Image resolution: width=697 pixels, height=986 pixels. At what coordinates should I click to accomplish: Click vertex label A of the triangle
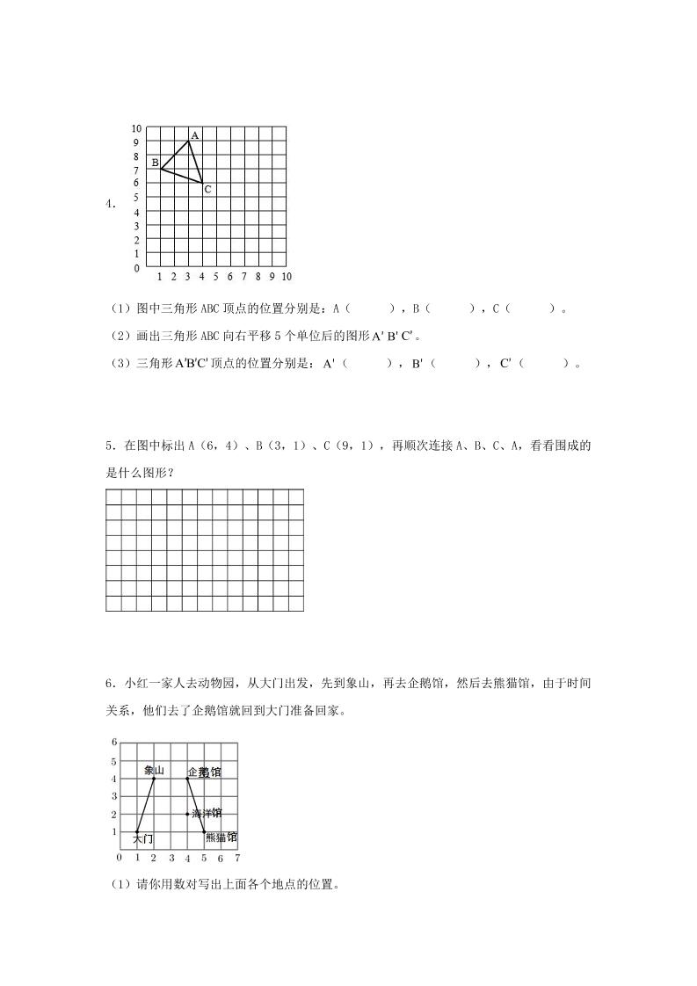point(194,135)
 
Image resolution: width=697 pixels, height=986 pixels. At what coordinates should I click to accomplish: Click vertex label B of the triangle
point(155,163)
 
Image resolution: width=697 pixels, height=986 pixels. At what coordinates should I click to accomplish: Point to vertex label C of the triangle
point(207,189)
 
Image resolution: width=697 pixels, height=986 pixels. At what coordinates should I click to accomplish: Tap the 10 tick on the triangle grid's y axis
point(136,128)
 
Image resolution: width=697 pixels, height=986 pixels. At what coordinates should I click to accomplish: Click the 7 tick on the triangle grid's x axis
point(243,277)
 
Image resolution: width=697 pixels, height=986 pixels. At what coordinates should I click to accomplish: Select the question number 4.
point(110,204)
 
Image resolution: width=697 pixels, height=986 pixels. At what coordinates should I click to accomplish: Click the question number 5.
point(110,446)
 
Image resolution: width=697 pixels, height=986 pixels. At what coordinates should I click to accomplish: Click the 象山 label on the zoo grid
point(155,771)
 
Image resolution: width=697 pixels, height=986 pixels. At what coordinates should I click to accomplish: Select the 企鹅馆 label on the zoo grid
point(205,772)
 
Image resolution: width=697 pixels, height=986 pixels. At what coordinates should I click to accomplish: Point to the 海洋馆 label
point(207,814)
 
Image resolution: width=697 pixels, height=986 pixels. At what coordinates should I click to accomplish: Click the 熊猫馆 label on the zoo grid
point(221,837)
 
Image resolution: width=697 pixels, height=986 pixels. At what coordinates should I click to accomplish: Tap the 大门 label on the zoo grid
point(143,840)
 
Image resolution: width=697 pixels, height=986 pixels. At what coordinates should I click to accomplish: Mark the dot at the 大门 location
point(137,831)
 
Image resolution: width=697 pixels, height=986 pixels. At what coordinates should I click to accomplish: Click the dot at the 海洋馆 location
point(187,814)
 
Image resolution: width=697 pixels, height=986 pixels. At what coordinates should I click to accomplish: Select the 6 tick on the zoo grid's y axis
point(114,743)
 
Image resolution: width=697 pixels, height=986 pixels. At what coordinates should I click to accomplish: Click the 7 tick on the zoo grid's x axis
point(237,858)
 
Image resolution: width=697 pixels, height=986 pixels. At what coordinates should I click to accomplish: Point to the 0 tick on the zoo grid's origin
point(120,857)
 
